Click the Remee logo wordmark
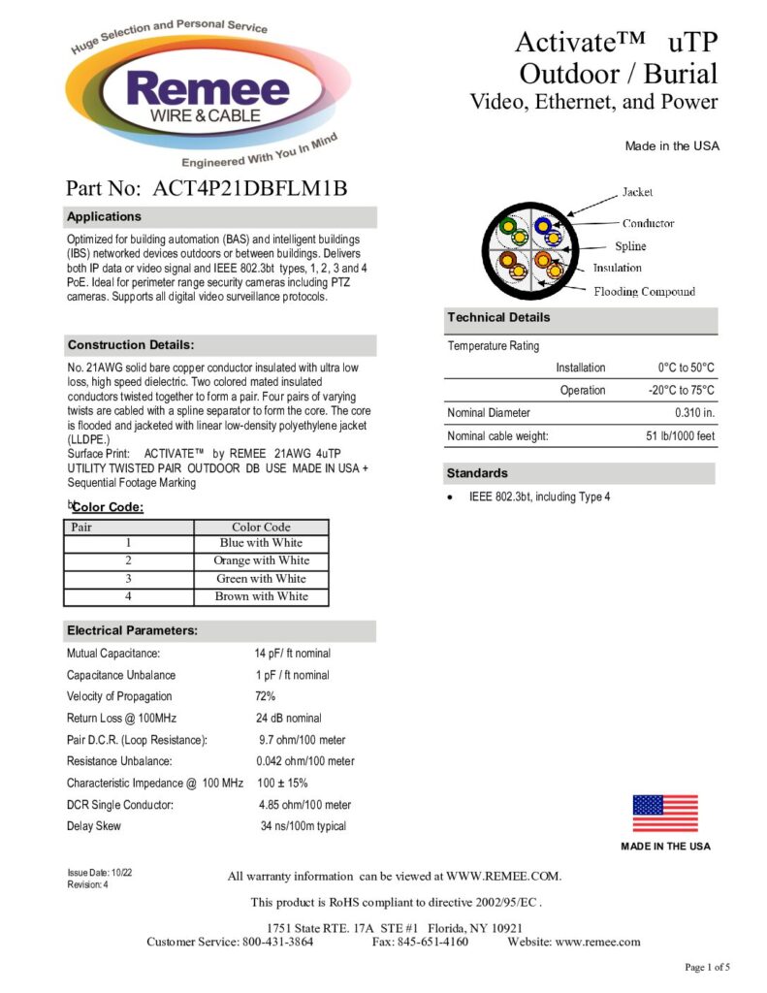click(208, 93)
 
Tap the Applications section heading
click(105, 216)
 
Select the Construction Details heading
click(131, 345)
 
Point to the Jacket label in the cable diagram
click(637, 192)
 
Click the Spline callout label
click(630, 246)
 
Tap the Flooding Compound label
click(644, 291)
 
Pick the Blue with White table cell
click(261, 543)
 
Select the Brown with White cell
click(261, 596)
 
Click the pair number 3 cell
click(128, 579)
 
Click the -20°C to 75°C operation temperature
click(681, 390)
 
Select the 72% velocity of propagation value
click(266, 696)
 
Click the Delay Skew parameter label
click(94, 826)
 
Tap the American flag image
click(665, 813)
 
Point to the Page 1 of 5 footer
click(707, 968)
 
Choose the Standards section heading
click(476, 473)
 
